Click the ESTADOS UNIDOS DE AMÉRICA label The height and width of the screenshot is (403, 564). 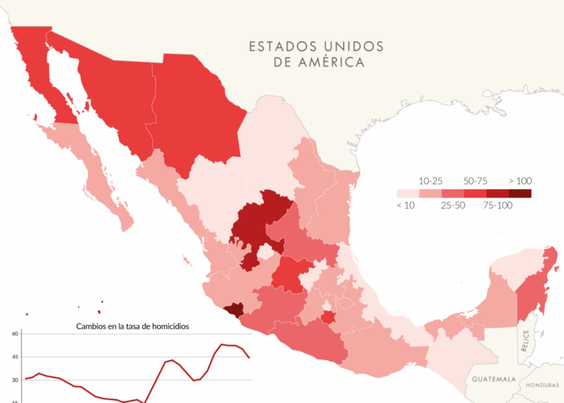pos(317,54)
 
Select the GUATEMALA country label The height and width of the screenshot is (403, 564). pos(493,380)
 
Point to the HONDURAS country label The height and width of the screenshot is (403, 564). pos(542,384)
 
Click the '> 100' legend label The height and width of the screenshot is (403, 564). pos(520,181)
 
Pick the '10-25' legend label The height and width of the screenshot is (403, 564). pos(430,181)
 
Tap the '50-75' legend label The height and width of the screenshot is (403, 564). pos(475,181)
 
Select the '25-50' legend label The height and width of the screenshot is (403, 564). pos(453,205)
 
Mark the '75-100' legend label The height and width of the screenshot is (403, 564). pos(497,205)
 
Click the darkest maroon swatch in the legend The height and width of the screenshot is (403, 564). pos(520,193)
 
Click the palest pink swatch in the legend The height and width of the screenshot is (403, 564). pos(408,193)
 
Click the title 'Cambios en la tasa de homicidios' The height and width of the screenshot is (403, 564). pos(132,326)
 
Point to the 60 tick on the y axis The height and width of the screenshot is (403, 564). pos(14,334)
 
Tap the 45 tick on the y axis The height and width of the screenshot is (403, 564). pos(14,357)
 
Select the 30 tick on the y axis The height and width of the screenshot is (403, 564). pos(14,380)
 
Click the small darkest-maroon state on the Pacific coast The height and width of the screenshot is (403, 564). pos(234,309)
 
